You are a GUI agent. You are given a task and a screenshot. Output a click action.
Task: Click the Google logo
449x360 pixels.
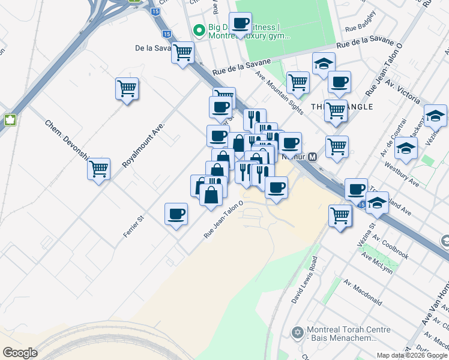coord(20,353)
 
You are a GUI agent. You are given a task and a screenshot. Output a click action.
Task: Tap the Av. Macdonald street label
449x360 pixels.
coord(363,291)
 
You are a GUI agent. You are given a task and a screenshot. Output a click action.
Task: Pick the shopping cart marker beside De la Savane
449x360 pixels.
coord(182,52)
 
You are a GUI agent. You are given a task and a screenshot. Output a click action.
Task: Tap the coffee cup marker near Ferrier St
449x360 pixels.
coord(176,214)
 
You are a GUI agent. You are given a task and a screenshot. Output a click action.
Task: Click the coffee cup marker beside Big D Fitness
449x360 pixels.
coord(240,24)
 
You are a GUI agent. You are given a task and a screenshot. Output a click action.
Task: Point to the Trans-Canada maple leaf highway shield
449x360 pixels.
coord(10,119)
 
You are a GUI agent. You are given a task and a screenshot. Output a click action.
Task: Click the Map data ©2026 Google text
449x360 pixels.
coord(411,355)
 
